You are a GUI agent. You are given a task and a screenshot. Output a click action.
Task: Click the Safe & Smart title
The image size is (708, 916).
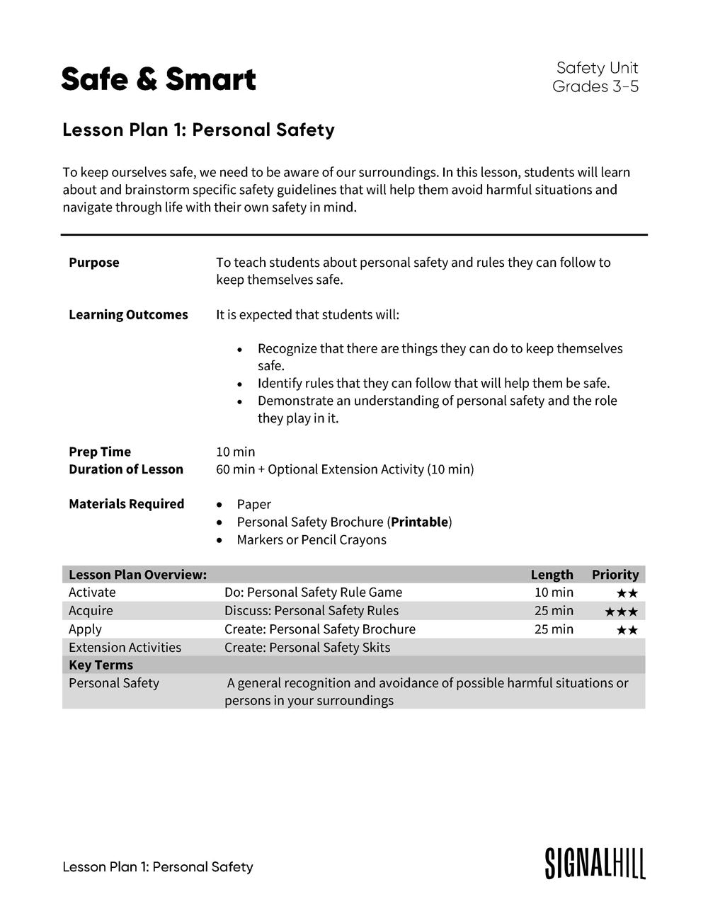[159, 79]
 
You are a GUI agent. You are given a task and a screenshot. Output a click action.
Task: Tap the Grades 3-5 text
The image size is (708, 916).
[595, 86]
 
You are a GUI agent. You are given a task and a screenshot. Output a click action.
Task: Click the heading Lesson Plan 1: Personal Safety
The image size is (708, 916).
[198, 130]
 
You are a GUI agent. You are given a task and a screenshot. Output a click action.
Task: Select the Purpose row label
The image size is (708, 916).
[94, 263]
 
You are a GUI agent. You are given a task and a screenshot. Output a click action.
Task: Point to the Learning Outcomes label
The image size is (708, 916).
[128, 314]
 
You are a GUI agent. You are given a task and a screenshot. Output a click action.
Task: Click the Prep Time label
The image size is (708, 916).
[100, 452]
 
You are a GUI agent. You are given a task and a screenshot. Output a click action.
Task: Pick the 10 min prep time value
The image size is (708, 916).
[236, 452]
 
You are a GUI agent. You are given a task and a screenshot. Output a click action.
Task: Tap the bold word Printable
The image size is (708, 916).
[420, 522]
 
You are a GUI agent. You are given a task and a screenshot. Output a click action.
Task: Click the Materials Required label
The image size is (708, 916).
[126, 504]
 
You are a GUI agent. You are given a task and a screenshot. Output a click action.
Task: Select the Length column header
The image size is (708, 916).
[552, 575]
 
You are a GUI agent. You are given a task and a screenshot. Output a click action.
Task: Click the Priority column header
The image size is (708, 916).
[615, 575]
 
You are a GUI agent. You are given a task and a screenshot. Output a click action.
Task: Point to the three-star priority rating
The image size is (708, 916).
[621, 611]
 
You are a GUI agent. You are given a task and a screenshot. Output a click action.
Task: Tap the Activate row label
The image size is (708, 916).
[92, 592]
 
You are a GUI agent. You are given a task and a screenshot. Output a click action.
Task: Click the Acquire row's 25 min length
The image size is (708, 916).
[554, 611]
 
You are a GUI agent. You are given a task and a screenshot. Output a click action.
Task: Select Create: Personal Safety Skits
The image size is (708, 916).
[307, 648]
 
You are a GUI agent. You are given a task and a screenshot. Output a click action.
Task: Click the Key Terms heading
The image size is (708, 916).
[101, 665]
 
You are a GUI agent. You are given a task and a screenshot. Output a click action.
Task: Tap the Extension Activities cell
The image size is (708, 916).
[125, 648]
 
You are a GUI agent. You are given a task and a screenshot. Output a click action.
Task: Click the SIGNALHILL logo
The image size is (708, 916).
[595, 864]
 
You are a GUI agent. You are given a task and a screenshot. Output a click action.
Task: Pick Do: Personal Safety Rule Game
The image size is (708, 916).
[313, 592]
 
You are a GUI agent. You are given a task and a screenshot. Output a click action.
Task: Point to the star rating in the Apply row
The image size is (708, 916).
[627, 629]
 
